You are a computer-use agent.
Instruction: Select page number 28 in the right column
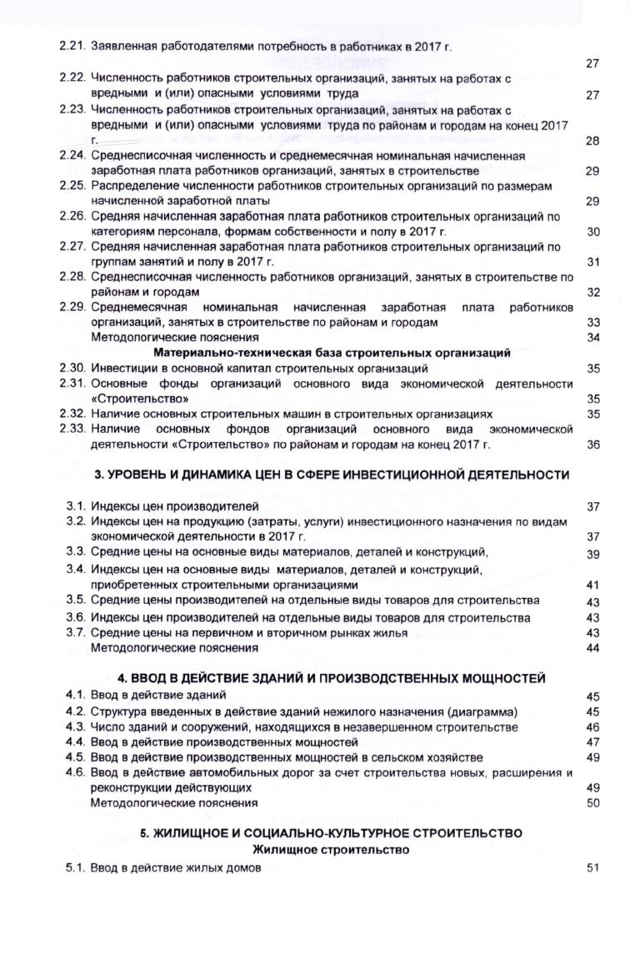(x=592, y=141)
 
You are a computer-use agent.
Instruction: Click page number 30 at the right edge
(x=593, y=232)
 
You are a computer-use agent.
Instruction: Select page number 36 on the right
(x=593, y=444)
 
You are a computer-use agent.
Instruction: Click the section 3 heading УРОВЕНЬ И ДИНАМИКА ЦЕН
(x=331, y=475)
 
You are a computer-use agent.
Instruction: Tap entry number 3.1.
(x=77, y=506)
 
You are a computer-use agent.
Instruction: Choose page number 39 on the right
(x=593, y=554)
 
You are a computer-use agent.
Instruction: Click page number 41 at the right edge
(x=593, y=585)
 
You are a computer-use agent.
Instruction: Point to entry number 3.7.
(x=77, y=632)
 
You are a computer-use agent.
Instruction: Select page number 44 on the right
(x=593, y=648)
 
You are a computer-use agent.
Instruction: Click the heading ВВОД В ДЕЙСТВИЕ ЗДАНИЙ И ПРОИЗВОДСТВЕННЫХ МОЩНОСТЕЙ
(x=331, y=678)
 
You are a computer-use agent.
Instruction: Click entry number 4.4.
(x=77, y=741)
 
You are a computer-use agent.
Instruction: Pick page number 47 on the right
(x=593, y=741)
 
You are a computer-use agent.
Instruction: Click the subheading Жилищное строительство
(x=331, y=850)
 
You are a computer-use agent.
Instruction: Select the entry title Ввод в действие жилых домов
(x=176, y=868)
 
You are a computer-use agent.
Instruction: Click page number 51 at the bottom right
(x=593, y=868)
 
